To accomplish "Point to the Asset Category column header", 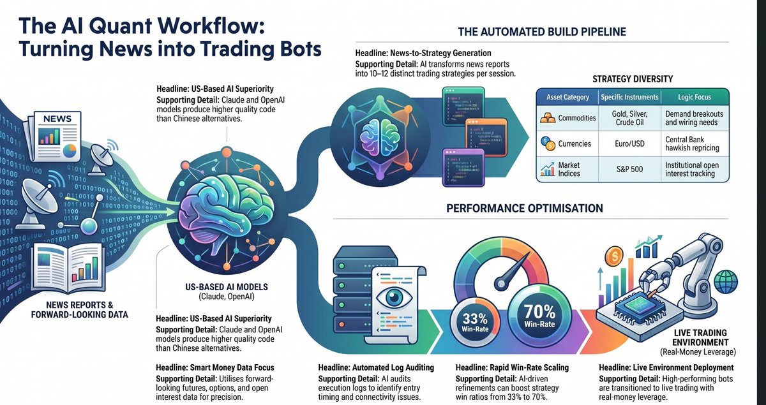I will tap(567, 97).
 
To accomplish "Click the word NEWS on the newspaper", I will tap(58, 119).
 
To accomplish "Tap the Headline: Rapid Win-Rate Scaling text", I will tap(512, 368).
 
